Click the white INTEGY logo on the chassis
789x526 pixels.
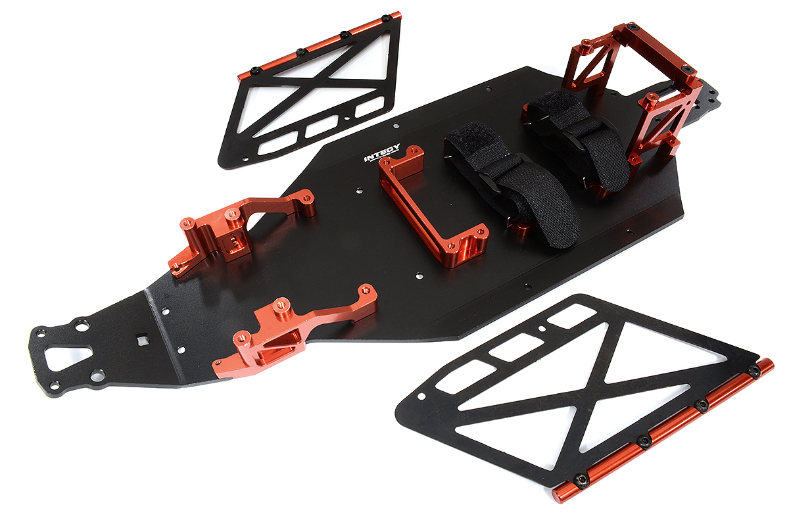coord(381,157)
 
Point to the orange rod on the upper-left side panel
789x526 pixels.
coord(322,42)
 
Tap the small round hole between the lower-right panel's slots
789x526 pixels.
coord(541,327)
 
